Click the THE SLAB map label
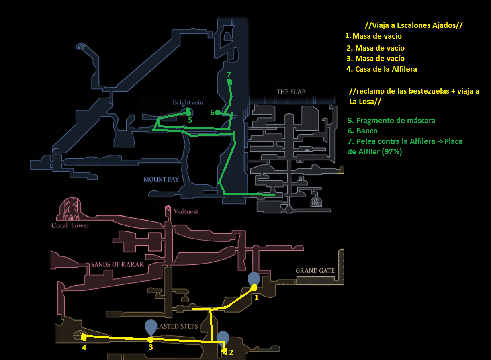[x=291, y=92]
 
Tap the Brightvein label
[x=188, y=102]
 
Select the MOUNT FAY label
[x=161, y=179]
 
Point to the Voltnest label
[x=186, y=211]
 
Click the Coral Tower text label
[x=71, y=225]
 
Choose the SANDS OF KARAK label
[x=117, y=264]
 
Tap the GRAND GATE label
[x=315, y=270]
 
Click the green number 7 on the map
[x=229, y=75]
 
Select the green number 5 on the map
[x=190, y=120]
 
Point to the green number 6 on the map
[x=212, y=112]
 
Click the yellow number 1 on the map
[x=256, y=298]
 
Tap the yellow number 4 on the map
[x=84, y=347]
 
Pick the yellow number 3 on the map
[x=151, y=347]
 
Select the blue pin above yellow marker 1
[x=254, y=279]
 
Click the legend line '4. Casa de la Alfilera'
[x=382, y=69]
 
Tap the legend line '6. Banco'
[x=362, y=131]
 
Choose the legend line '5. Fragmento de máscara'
[x=391, y=121]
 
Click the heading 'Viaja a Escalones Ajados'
[x=414, y=25]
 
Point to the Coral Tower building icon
[x=69, y=209]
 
